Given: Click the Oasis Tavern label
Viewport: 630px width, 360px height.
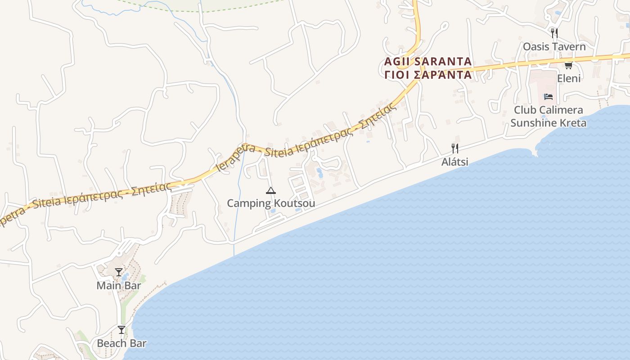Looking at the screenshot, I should click(554, 46).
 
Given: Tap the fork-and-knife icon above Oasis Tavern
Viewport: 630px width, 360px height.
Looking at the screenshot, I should click(554, 33).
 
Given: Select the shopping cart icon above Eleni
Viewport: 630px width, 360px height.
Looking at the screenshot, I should click(568, 65).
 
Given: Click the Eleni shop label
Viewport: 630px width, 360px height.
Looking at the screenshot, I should click(569, 78).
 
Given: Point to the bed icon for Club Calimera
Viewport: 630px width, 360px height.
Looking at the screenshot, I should click(548, 96).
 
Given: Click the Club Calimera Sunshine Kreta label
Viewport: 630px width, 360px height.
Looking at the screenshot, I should click(548, 116).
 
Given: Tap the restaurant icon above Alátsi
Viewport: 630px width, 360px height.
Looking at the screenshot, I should click(455, 148).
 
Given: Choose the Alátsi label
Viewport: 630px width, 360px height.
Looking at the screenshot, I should click(454, 162).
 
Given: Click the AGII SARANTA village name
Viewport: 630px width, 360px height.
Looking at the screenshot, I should click(428, 61).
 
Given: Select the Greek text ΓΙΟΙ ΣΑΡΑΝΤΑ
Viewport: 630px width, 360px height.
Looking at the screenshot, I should click(428, 75).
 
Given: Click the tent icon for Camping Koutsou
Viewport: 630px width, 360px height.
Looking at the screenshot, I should click(270, 190).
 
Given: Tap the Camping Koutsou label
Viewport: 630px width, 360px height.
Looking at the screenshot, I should click(270, 203).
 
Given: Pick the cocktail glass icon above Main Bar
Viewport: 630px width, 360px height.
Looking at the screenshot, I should click(119, 272).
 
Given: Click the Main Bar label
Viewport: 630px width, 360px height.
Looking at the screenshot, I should click(119, 285).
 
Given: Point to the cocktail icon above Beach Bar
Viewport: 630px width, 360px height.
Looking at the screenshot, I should click(121, 330).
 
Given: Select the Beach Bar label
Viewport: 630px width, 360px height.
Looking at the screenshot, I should click(121, 343).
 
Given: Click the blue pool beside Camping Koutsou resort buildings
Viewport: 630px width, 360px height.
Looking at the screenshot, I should click(319, 172).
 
